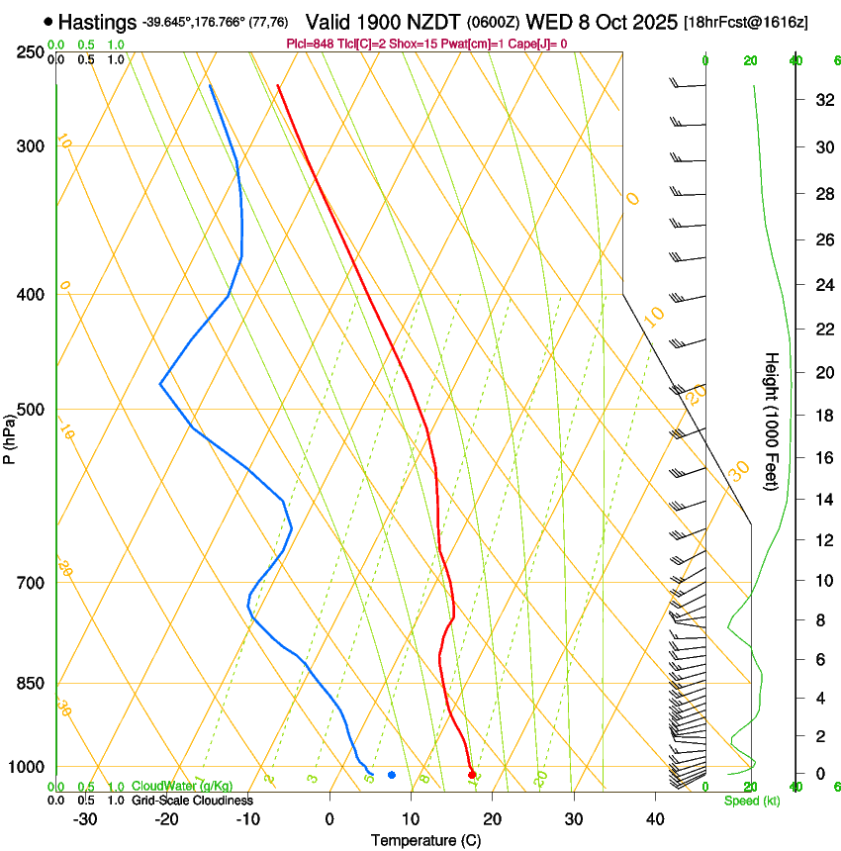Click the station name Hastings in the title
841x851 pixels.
coord(98,22)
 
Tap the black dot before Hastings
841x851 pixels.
coord(48,21)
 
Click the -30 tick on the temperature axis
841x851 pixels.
coord(85,819)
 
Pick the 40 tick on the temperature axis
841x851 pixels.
coord(655,819)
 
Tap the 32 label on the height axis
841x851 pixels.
coord(822,99)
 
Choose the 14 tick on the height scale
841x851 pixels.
coord(822,500)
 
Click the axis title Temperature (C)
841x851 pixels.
coord(425,840)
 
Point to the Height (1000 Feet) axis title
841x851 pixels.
coord(773,421)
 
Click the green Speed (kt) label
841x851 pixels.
coord(752,801)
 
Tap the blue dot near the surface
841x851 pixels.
coord(392,775)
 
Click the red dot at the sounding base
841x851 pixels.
coord(472,774)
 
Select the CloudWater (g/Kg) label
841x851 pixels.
coord(182,787)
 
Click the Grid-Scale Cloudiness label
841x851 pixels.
coord(192,801)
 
